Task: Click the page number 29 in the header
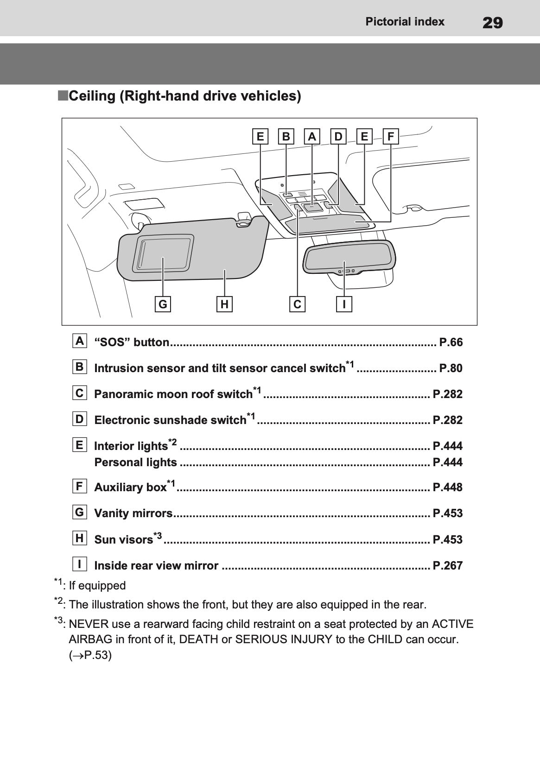coord(492,22)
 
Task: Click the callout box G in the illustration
coord(163,304)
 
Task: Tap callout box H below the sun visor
coord(224,304)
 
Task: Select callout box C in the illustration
coord(297,304)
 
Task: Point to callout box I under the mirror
coord(344,304)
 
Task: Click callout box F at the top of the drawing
coord(391,137)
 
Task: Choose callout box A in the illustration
coord(312,137)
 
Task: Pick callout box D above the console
coord(338,137)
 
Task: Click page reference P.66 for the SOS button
coord(451,342)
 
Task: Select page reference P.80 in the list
coord(451,368)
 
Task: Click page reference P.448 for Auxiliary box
coord(447,487)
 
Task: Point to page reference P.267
coord(447,565)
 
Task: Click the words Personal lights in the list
coord(135,462)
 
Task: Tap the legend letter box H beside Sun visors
coord(80,538)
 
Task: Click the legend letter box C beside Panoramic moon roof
coord(80,393)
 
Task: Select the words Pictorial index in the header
coord(405,22)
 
